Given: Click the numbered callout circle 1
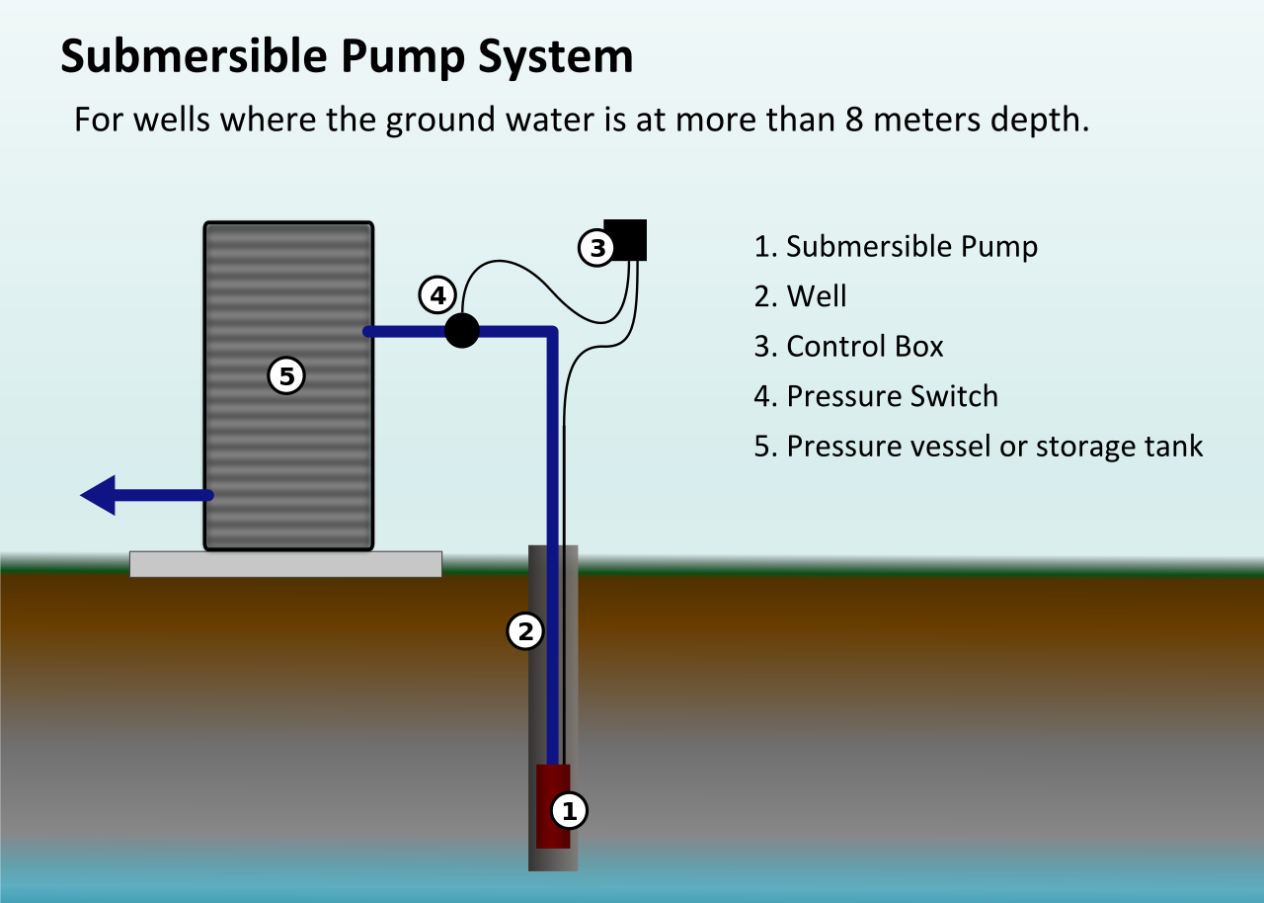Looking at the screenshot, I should coord(568,811).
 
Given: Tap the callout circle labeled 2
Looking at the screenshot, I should coord(525,630).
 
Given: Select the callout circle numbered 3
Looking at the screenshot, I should coord(596,247).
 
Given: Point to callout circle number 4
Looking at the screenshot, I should coord(437,294).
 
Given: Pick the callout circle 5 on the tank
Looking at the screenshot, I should coord(286,375).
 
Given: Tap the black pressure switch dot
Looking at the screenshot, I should coord(461,330).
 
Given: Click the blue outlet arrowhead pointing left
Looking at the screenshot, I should coord(99,495).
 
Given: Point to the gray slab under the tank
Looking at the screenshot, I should coord(285,564).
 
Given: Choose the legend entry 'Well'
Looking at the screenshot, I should coord(817,296).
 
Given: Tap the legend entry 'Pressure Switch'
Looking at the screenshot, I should coord(892,397).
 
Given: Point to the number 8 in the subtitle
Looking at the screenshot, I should coord(855,121).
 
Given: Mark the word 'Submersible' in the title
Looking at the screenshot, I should coord(195,57).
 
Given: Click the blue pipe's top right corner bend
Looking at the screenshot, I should coord(552,332).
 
